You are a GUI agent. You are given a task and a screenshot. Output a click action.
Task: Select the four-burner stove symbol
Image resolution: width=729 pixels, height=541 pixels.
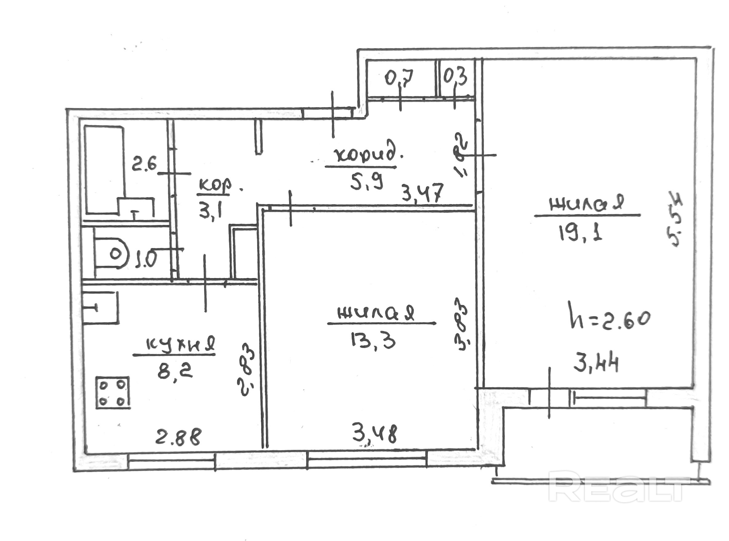coord(113,393)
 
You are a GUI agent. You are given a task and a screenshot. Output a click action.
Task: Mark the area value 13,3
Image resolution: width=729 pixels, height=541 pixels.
coord(372,341)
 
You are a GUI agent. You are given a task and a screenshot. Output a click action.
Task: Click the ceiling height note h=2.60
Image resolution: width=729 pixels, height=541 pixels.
coord(610,319)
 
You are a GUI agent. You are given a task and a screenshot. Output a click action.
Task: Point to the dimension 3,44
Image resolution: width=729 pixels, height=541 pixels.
coord(596,364)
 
